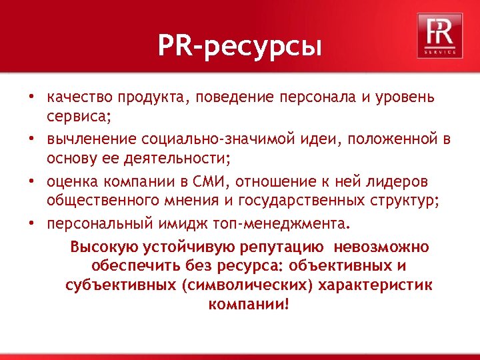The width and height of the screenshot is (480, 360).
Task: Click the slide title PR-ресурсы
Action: (x=239, y=47)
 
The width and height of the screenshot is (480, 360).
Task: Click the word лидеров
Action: (x=399, y=181)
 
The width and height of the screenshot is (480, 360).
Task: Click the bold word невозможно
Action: (x=385, y=247)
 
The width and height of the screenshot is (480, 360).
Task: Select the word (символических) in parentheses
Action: (x=251, y=285)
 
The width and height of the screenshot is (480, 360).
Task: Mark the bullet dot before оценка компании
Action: (x=32, y=181)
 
